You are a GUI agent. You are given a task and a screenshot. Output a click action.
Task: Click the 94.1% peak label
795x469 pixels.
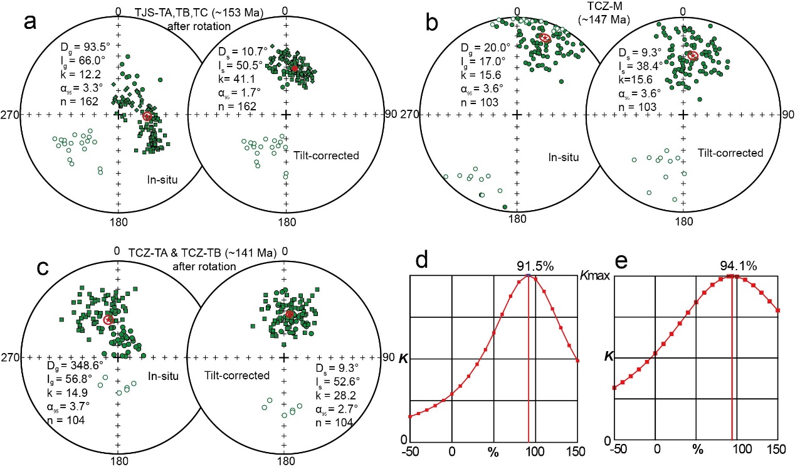tap(734, 265)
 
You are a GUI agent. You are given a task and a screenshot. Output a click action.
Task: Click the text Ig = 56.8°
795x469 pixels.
tap(68, 379)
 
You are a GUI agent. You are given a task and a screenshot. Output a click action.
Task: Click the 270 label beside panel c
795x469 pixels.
tap(12, 357)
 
